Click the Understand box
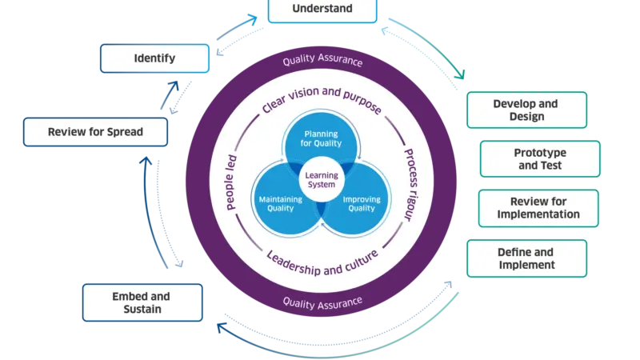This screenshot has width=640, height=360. click(322, 10)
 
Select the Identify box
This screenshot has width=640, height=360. click(154, 58)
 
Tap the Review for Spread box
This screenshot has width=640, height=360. click(95, 131)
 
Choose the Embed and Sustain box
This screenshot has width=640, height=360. click(142, 302)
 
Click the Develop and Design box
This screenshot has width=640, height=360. click(526, 110)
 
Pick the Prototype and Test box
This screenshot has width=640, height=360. click(538, 159)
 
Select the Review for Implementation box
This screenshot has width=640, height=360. click(538, 208)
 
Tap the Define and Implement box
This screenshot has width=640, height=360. click(526, 258)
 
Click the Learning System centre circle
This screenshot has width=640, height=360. click(321, 179)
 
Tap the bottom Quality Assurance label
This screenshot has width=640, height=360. click(322, 302)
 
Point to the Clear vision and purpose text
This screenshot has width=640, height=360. click(322, 102)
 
